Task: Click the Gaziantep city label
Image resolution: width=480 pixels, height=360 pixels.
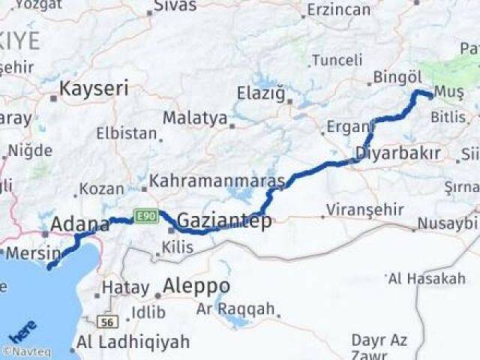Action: (224, 221)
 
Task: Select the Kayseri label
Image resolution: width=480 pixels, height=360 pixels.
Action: (94, 88)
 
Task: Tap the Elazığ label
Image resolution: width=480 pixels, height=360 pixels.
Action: (262, 94)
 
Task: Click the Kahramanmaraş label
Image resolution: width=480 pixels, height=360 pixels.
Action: (217, 181)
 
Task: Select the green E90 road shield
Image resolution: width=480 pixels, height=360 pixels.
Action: (145, 217)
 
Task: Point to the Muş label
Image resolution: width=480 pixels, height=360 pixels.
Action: (450, 91)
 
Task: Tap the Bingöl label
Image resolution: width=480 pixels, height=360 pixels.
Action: (399, 77)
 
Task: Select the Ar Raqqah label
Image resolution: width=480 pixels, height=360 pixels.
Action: (235, 309)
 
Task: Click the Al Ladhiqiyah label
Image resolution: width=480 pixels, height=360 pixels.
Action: (133, 343)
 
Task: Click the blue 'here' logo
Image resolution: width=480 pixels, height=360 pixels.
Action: (22, 331)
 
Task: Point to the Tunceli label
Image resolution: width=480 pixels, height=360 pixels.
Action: (337, 59)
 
